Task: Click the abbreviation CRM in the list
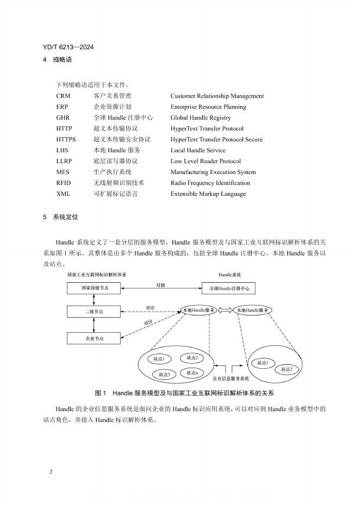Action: [63, 96]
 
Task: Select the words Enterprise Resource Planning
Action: [208, 107]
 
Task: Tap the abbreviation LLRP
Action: [64, 162]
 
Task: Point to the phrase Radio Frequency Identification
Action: [210, 183]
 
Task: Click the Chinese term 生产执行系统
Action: [112, 172]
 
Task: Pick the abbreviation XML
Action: [63, 194]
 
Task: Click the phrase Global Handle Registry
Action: [200, 118]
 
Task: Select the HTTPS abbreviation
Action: [66, 140]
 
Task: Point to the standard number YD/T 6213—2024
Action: [68, 47]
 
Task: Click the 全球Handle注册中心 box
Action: [228, 288]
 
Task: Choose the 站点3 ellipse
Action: [165, 374]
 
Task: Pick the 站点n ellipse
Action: [191, 373]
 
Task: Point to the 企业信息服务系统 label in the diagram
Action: [230, 378]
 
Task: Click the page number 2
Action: [51, 471]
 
